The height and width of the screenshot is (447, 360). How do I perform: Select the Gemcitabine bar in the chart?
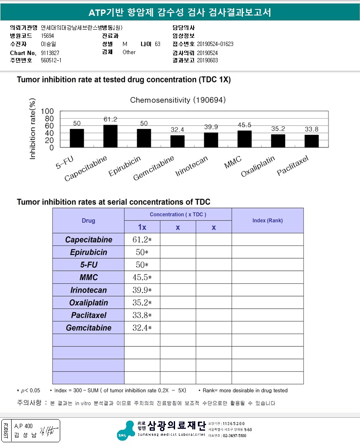click(177, 141)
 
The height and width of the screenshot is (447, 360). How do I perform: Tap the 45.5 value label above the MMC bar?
click(244, 126)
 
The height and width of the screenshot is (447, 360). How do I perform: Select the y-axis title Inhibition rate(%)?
click(33, 129)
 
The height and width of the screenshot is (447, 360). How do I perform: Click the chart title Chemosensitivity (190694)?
click(178, 100)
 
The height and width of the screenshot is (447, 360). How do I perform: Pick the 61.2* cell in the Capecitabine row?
click(142, 239)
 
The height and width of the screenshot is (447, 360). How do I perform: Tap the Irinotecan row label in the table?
click(88, 290)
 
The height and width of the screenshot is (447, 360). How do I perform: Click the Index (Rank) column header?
click(267, 220)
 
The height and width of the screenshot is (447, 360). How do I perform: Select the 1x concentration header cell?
click(142, 227)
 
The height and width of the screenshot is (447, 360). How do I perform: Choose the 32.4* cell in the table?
click(142, 328)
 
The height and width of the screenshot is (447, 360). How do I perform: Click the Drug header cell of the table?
click(88, 220)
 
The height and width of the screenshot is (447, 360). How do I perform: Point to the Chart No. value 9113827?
click(50, 52)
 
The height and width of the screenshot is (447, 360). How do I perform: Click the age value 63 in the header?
click(157, 44)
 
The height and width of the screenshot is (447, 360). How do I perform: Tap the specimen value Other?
click(129, 52)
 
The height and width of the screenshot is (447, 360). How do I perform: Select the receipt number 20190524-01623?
click(215, 44)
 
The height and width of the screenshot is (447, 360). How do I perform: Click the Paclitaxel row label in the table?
click(88, 315)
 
